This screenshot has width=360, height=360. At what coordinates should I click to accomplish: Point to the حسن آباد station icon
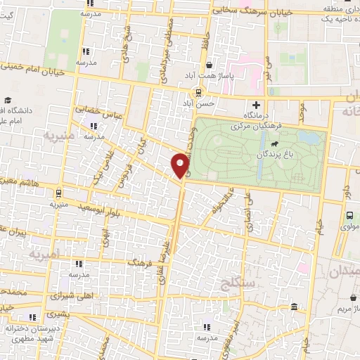(200, 92)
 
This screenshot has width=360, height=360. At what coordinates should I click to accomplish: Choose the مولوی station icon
(349, 217)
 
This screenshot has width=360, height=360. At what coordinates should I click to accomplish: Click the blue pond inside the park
(307, 137)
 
